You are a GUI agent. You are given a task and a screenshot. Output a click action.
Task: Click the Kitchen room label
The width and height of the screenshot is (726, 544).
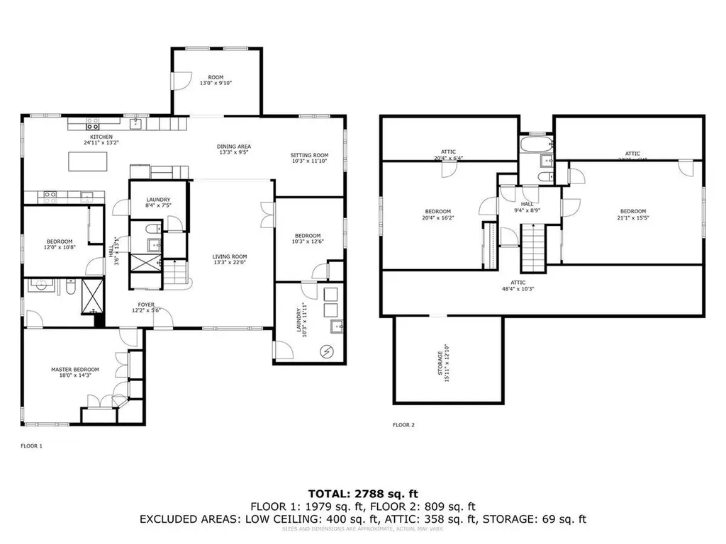pyautogui.click(x=100, y=137)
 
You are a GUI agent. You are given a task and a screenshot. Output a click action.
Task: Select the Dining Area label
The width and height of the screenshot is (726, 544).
pyautogui.click(x=234, y=147)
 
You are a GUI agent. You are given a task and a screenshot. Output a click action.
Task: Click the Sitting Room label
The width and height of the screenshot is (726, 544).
pyautogui.click(x=310, y=155)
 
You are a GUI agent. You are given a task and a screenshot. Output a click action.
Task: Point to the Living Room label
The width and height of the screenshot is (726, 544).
pyautogui.click(x=230, y=257)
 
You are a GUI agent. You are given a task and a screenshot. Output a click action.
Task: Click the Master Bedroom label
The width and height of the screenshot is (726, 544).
pyautogui.click(x=74, y=370)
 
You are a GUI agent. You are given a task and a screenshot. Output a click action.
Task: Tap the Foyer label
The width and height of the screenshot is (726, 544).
pyautogui.click(x=147, y=305)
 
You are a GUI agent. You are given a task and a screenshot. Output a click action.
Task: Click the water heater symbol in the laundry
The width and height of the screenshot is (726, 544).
pyautogui.click(x=328, y=351)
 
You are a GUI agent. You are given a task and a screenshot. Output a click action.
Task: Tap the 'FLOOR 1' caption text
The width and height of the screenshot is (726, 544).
pyautogui.click(x=31, y=446)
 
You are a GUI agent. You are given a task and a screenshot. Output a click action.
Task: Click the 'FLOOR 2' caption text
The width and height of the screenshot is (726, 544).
pyautogui.click(x=403, y=425)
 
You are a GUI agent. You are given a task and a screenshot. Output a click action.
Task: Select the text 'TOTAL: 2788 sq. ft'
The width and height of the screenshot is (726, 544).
pyautogui.click(x=362, y=493)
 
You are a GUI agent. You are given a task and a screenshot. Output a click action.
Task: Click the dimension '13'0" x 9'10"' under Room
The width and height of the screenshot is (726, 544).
pyautogui.click(x=216, y=83)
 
